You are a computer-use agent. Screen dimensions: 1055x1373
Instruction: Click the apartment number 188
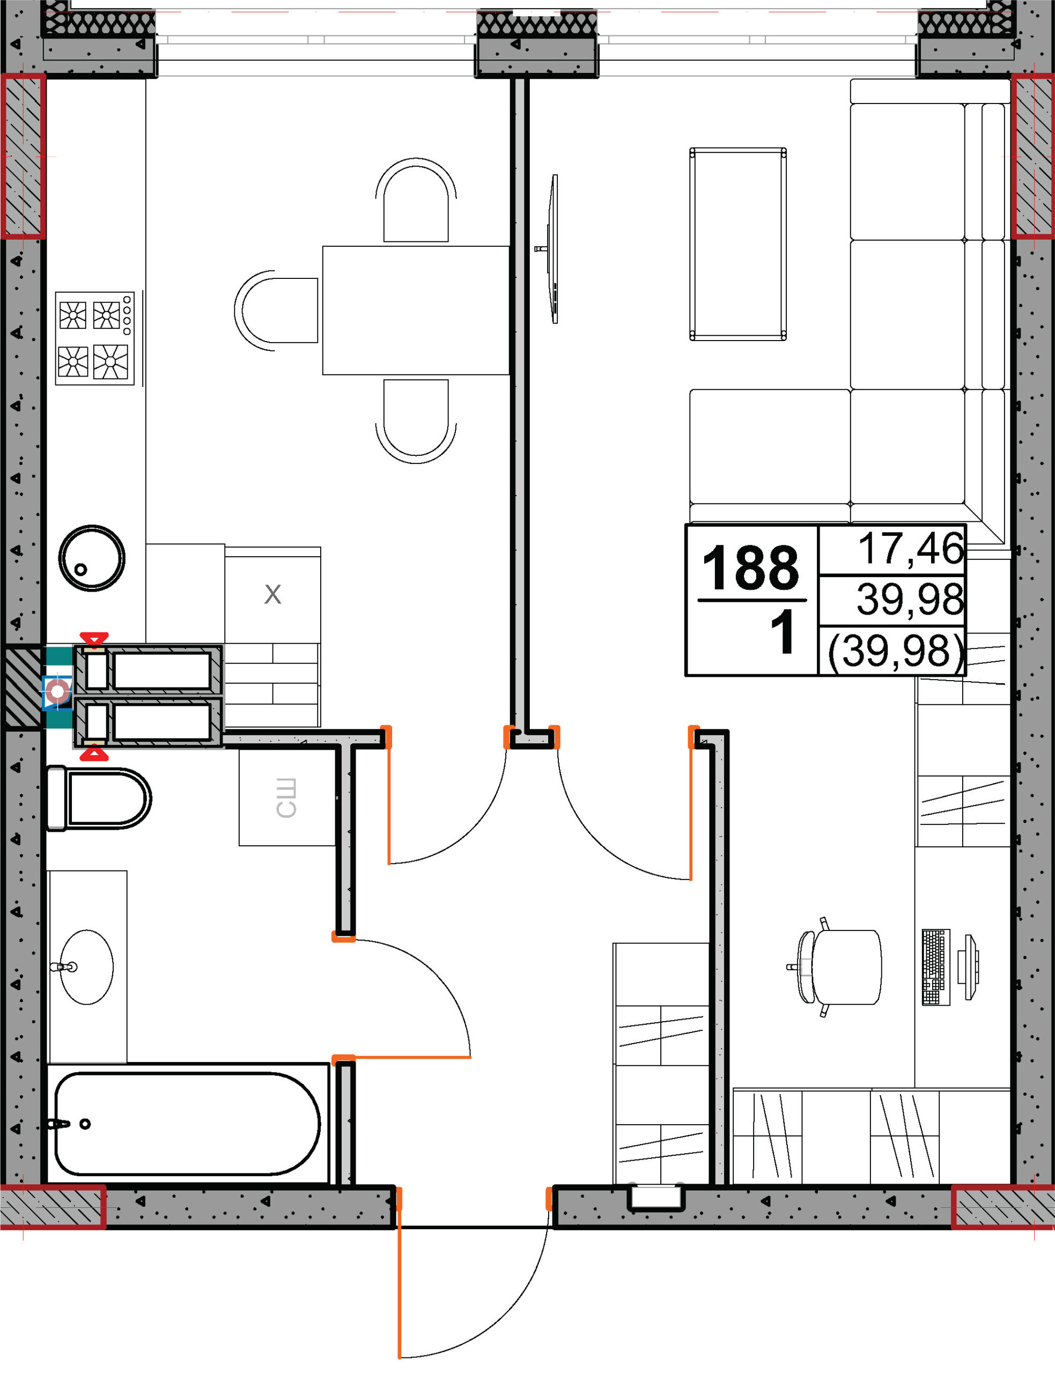[x=750, y=567]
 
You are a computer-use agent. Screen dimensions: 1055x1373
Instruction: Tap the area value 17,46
[x=911, y=548]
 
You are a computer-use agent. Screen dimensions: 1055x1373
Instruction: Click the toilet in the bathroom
[x=99, y=798]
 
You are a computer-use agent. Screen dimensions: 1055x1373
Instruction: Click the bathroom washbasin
[x=87, y=968]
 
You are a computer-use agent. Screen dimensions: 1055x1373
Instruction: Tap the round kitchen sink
[x=92, y=558]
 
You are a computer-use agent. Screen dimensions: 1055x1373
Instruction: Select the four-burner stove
[x=95, y=338]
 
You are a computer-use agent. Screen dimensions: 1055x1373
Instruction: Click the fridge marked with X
[x=272, y=595]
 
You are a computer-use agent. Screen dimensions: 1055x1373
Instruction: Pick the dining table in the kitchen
[x=416, y=310]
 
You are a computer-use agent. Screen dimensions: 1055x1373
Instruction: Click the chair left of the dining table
[x=276, y=310]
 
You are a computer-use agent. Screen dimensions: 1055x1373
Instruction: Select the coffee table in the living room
[x=738, y=244]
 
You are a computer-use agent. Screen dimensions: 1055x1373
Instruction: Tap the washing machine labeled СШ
[x=287, y=798]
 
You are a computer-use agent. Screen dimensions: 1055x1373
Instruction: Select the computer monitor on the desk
[x=969, y=968]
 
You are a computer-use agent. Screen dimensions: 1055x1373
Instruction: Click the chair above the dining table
[x=416, y=200]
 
